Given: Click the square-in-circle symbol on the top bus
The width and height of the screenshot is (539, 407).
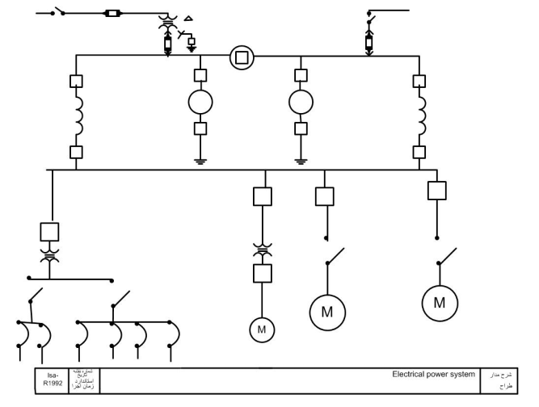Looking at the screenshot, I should pos(240,57).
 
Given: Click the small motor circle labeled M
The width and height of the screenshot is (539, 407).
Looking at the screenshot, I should pos(262,329).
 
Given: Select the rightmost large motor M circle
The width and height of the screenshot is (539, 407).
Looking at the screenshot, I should pos(440,303).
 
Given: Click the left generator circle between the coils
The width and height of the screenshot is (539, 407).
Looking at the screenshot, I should pos(200,103).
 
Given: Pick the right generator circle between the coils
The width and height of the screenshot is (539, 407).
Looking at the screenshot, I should pos(301,103).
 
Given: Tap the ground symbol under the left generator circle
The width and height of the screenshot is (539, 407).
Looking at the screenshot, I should pos(200,160).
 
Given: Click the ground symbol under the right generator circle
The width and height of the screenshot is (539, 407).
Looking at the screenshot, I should pos(301,160).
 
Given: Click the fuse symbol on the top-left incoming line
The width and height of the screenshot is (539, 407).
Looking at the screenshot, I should pos(114,14).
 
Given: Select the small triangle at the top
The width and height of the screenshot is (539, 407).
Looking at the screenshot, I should pos(189,17).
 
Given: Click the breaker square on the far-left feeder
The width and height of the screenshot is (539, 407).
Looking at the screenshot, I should pos(51,232).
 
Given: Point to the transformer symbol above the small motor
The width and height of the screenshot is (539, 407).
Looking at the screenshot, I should pos(262,250).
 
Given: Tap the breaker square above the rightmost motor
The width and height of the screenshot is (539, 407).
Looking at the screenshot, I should pos(437,191).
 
